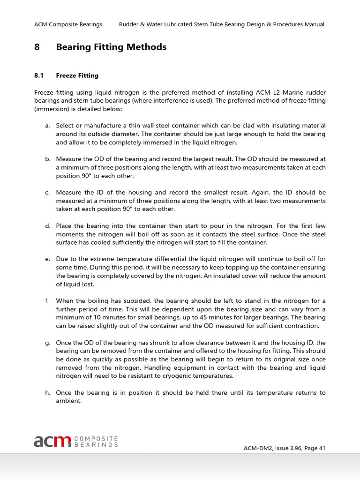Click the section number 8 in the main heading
pyautogui.click(x=37, y=47)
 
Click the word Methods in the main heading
pyautogui.click(x=149, y=47)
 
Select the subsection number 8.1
pyautogui.click(x=39, y=75)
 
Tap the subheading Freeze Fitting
pyautogui.click(x=77, y=75)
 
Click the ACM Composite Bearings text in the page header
pyautogui.click(x=68, y=24)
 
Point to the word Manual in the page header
pyautogui.click(x=314, y=24)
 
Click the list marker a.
pyautogui.click(x=47, y=126)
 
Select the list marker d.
pyautogui.click(x=47, y=226)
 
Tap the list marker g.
pyautogui.click(x=47, y=343)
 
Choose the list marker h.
pyautogui.click(x=47, y=393)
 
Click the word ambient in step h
pyautogui.click(x=68, y=401)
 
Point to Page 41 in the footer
pyautogui.click(x=314, y=448)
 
